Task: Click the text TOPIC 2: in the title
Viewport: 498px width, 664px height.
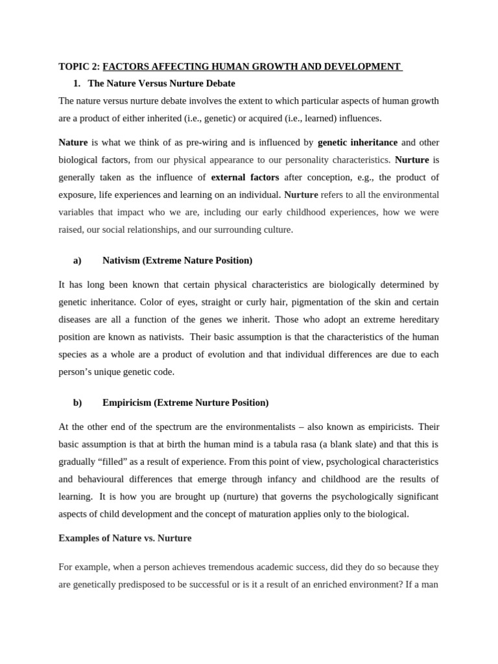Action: coord(79,66)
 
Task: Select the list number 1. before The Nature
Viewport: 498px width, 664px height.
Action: coord(77,84)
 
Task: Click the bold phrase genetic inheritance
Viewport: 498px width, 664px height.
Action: coord(357,142)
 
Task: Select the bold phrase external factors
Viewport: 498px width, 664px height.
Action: coord(245,177)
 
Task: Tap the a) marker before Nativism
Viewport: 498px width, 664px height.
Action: coord(77,260)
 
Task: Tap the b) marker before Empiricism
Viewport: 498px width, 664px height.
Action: coord(77,402)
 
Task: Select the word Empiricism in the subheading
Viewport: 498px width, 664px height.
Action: coord(126,402)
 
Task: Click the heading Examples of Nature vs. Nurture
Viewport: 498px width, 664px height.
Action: coord(125,538)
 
